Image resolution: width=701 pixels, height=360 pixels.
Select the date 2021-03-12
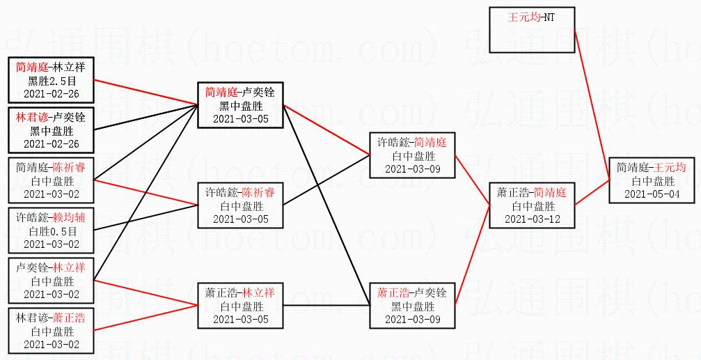[x=532, y=219]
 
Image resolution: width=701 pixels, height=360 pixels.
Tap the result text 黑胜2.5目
[x=51, y=80]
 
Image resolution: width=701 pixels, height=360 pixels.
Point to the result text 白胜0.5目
[x=51, y=230]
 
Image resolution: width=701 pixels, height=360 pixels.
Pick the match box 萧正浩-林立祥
[x=240, y=306]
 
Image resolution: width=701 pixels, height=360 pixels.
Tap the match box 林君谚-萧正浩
[x=51, y=331]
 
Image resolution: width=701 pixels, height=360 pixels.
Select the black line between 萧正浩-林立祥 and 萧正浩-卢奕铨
[x=327, y=306]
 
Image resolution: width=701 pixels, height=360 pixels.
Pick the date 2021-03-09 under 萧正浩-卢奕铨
[x=412, y=319]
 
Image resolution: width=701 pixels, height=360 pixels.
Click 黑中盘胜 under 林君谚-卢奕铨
[x=51, y=130]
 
